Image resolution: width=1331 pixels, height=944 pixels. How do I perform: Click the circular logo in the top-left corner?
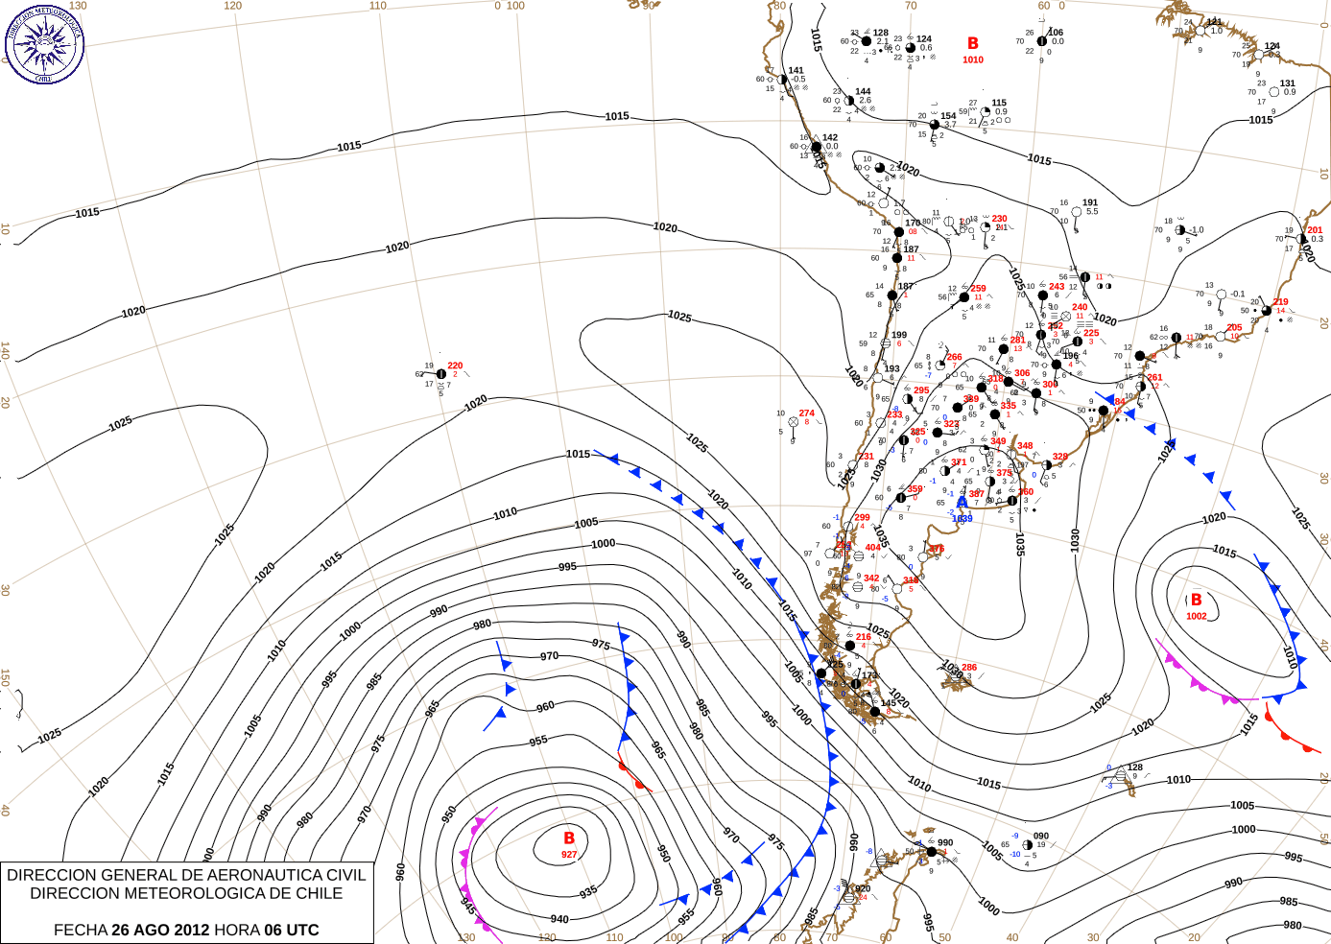click(x=44, y=43)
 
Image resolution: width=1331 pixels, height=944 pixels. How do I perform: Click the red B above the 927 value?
click(x=569, y=838)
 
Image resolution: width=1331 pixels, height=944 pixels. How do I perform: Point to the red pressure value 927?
click(x=569, y=854)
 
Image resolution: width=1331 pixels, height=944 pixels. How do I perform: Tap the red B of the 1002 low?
click(x=1196, y=601)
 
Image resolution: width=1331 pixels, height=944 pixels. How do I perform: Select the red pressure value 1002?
click(x=1196, y=616)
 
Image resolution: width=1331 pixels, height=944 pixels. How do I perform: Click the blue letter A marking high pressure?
click(x=962, y=503)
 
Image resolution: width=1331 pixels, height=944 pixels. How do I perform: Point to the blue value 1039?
click(x=962, y=518)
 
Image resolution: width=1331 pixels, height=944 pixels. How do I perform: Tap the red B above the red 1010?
click(x=973, y=43)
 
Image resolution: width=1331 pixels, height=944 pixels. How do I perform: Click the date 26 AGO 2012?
click(x=160, y=930)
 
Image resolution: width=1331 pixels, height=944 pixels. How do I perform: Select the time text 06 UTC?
click(x=292, y=930)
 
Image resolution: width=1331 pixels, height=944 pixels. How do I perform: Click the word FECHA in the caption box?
click(x=80, y=930)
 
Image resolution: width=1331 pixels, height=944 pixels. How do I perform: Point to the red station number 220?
click(x=455, y=366)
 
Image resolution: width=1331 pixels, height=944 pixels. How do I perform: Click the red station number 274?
click(x=806, y=413)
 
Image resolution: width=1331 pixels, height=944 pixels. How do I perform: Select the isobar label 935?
click(x=588, y=891)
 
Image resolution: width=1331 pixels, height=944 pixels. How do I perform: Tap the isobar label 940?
click(x=559, y=919)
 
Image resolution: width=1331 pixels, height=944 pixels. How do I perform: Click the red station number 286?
click(x=969, y=668)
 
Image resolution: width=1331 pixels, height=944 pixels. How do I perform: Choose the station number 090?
click(x=1041, y=837)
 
